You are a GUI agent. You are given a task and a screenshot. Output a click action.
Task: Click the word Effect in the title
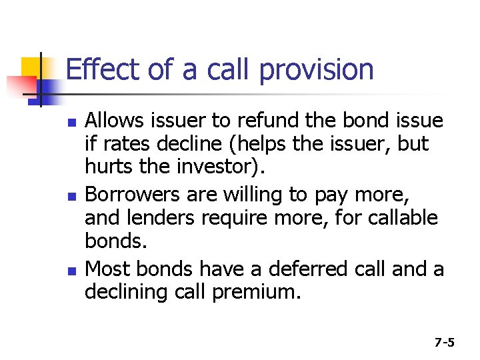point(94,69)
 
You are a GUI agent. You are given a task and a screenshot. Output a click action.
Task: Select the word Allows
point(111,121)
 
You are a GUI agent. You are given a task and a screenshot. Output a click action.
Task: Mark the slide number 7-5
point(445,343)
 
